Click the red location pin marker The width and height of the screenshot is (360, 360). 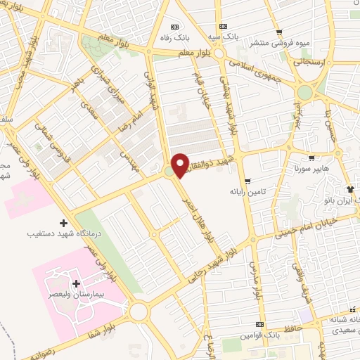click(x=180, y=165)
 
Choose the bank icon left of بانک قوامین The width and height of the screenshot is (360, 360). click(x=261, y=324)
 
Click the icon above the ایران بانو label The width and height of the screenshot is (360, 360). click(x=349, y=190)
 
